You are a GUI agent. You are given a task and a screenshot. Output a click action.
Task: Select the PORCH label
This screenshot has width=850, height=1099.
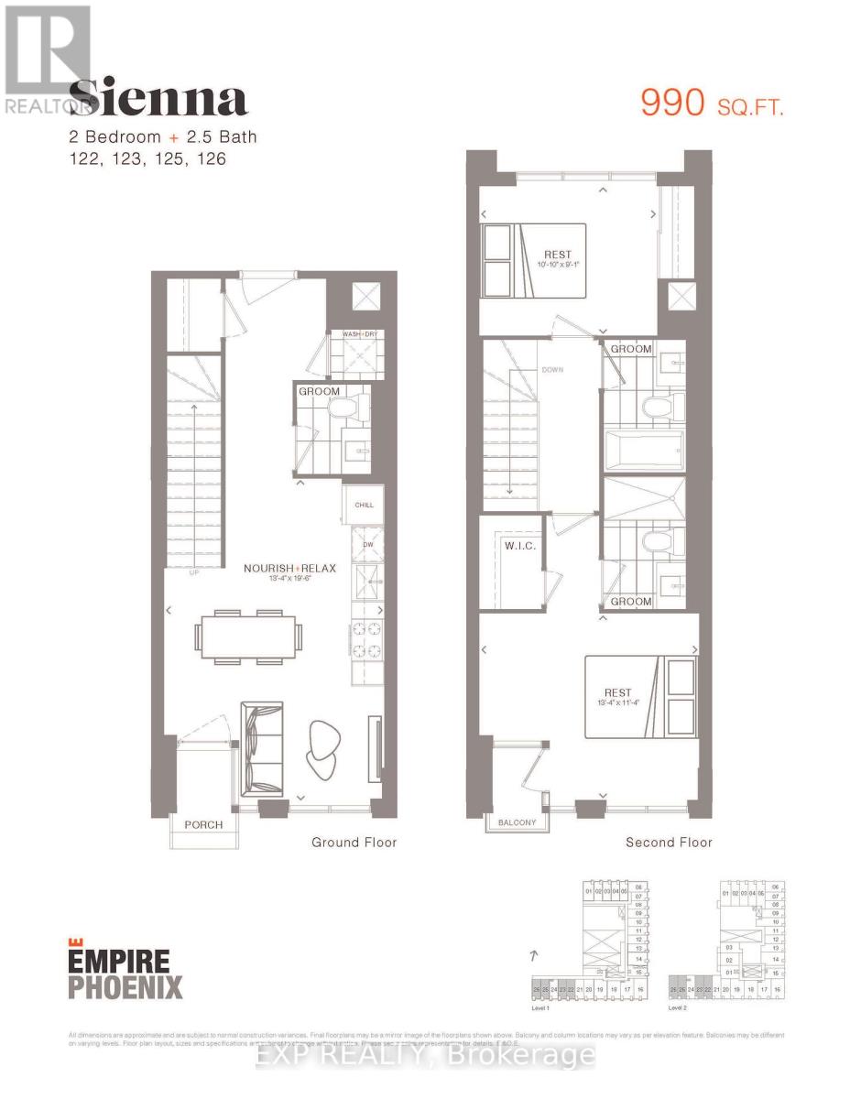click(x=202, y=824)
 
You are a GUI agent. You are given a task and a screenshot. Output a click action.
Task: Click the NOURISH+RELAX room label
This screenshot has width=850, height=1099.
click(x=289, y=568)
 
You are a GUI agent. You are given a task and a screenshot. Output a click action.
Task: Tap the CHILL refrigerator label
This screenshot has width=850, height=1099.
click(x=364, y=505)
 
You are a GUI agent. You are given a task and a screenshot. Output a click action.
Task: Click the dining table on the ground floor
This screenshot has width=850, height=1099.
click(x=245, y=635)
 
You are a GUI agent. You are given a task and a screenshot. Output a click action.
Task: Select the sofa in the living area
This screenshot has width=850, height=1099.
click(x=260, y=750)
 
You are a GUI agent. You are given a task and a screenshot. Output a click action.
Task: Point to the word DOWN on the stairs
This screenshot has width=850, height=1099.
click(x=552, y=370)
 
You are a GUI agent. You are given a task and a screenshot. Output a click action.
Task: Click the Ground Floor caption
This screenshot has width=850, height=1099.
click(x=354, y=842)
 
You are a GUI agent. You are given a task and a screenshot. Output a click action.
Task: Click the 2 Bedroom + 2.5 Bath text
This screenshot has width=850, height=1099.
click(x=163, y=137)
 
